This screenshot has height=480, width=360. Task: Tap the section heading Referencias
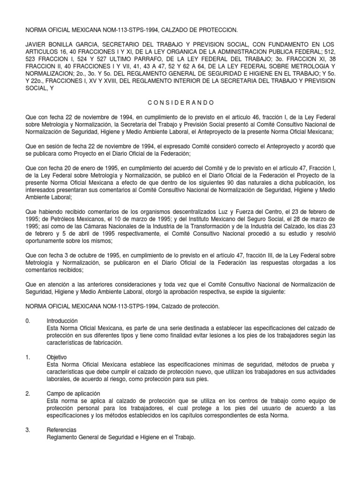pos(61,429)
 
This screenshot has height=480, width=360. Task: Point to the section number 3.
pos(28,429)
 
